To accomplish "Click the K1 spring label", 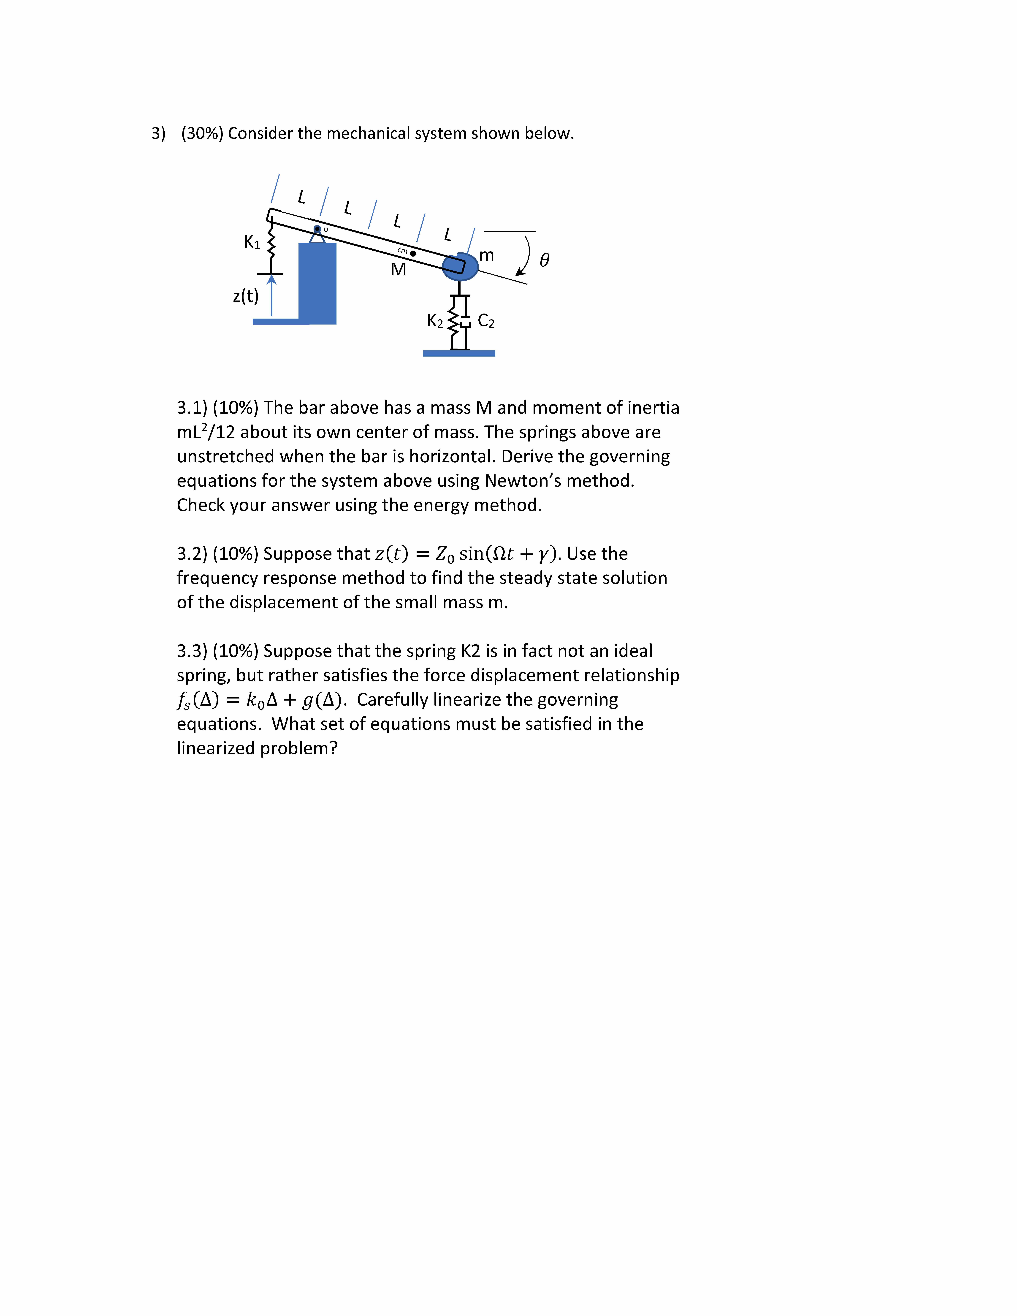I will point(252,242).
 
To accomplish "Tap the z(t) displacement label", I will point(245,296).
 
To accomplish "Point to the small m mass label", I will point(487,255).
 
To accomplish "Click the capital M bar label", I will point(398,269).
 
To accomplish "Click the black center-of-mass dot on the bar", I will point(413,253).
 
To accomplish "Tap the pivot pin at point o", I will point(317,229).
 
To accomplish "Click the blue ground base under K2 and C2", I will point(459,353).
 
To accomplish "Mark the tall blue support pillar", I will point(317,283).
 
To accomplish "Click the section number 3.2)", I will point(192,554).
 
